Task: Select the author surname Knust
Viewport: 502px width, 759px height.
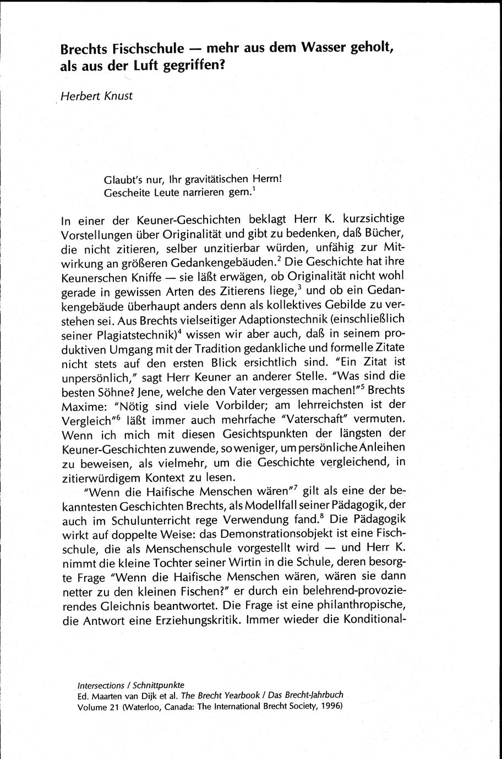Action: click(117, 95)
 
